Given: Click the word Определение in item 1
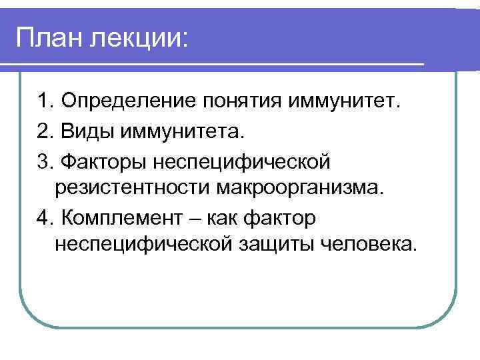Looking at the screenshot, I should (126, 103).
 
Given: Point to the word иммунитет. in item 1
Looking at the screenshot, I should (345, 103).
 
